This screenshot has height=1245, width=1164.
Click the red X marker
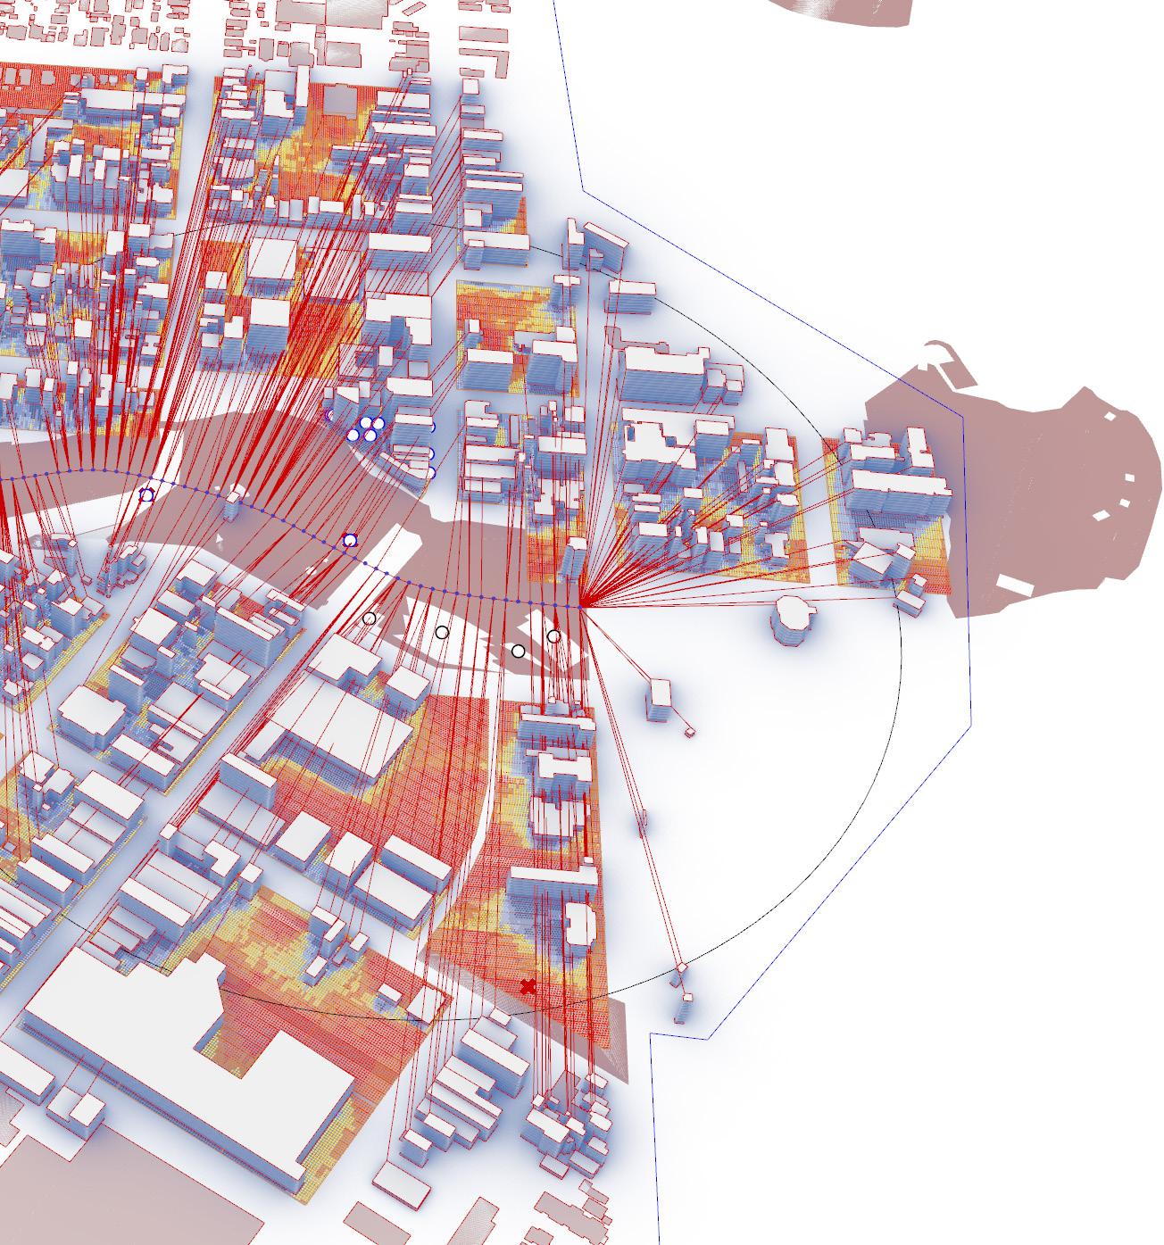click(x=528, y=986)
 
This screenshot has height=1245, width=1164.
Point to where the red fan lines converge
click(x=581, y=606)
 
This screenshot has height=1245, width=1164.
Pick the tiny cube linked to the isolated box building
click(x=689, y=732)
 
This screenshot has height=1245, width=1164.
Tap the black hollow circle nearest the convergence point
click(x=553, y=636)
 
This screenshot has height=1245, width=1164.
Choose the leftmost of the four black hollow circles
click(x=370, y=618)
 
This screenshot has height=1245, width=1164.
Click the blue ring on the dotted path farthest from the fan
click(x=147, y=494)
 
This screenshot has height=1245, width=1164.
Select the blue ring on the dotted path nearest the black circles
click(x=350, y=541)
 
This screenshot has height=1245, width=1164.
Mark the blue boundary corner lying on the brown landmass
click(x=962, y=416)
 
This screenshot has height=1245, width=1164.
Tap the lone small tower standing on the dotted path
click(x=233, y=502)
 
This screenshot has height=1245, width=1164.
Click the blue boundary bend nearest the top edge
click(x=583, y=189)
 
